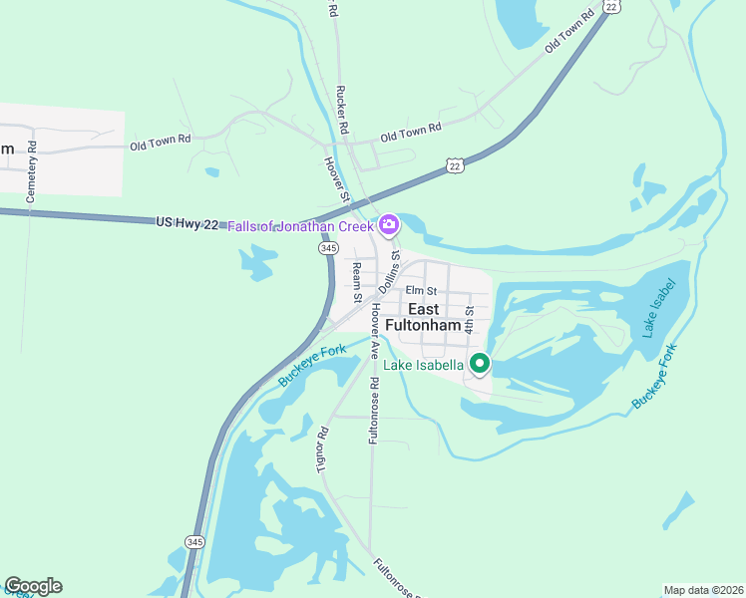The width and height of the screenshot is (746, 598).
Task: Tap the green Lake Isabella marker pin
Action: [480, 365]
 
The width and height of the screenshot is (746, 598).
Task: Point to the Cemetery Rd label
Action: [32, 171]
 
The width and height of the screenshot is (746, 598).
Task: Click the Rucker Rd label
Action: [342, 109]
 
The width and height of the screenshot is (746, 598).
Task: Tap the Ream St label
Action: [356, 283]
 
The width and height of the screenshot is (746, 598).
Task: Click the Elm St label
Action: [421, 290]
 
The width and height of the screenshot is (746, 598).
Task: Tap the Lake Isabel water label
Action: [659, 307]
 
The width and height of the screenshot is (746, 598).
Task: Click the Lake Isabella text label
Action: [425, 365]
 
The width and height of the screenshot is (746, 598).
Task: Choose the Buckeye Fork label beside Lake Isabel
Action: [654, 376]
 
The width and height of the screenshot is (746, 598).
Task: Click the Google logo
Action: [33, 586]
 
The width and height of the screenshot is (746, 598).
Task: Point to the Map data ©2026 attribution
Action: [703, 590]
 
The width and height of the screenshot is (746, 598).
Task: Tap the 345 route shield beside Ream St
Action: [327, 246]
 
